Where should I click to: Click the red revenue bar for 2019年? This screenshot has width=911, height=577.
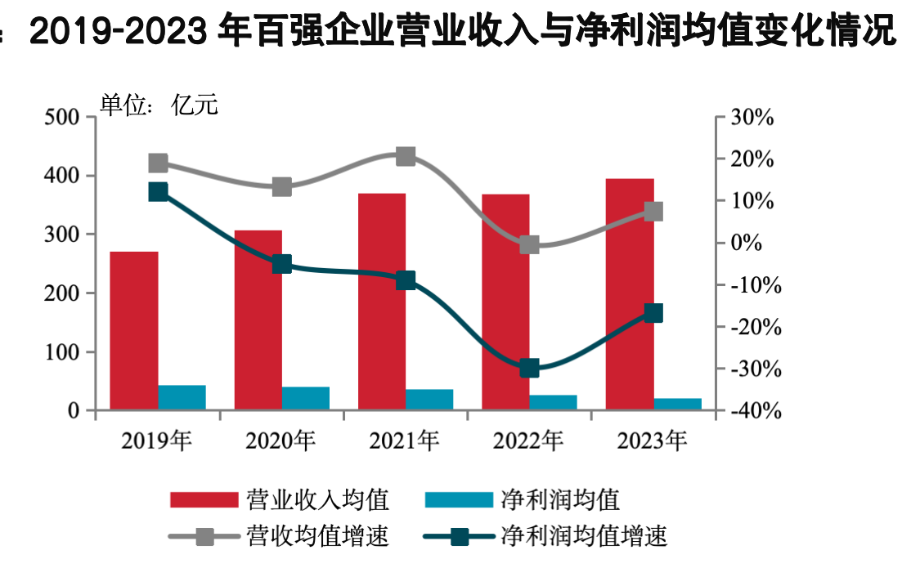[x=134, y=330]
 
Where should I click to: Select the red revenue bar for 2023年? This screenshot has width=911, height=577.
[x=630, y=294]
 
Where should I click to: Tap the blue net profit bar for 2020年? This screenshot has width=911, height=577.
[x=306, y=398]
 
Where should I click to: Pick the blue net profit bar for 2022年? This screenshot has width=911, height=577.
[x=553, y=402]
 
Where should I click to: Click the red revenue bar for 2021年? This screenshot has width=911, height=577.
[x=382, y=302]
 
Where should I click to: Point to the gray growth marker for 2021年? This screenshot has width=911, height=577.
[x=406, y=156]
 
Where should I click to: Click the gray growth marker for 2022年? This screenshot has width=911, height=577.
[x=529, y=244]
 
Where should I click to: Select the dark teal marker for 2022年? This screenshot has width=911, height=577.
[x=529, y=368]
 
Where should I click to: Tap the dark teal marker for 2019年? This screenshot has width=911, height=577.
[x=158, y=192]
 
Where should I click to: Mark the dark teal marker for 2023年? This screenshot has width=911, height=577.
[x=653, y=313]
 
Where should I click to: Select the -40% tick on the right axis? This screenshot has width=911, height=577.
[x=752, y=412]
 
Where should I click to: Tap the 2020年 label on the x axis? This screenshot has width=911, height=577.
[x=280, y=442]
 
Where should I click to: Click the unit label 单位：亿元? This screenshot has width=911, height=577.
[x=159, y=105]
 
